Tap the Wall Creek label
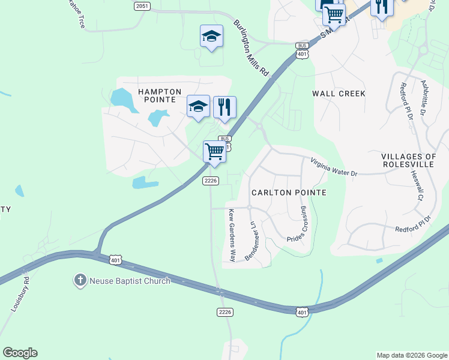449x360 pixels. click(339, 94)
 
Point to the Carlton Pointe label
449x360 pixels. click(289, 193)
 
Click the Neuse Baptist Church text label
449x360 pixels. click(130, 280)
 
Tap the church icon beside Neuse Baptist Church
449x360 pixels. click(80, 280)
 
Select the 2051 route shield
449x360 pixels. click(142, 5)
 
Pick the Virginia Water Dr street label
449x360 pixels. click(333, 167)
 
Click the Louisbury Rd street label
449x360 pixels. click(20, 293)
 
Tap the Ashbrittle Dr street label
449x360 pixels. click(423, 98)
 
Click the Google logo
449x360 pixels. click(20, 353)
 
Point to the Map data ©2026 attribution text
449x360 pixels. click(411, 355)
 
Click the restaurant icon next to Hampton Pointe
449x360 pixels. click(224, 107)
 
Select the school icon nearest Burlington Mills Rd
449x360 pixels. click(211, 36)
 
